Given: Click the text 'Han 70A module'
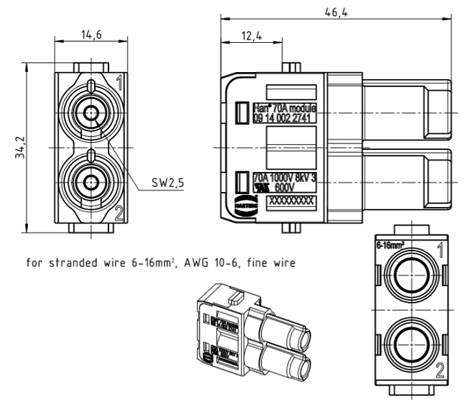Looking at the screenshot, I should tap(284, 108).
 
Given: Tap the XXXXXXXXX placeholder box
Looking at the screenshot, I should tap(290, 202).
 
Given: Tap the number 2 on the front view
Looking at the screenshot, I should tap(118, 211).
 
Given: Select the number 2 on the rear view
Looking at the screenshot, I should tap(441, 369).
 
